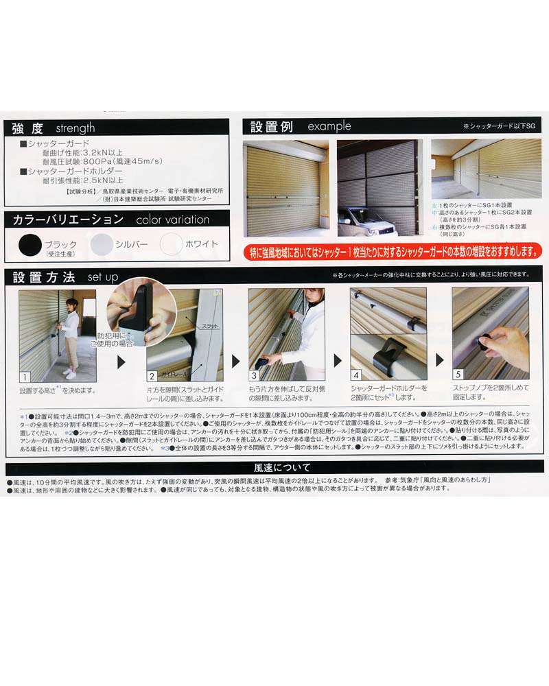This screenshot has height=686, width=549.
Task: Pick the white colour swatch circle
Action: [172, 244]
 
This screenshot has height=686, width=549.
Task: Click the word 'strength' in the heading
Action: [75, 128]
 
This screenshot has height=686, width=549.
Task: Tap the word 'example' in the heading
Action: [329, 126]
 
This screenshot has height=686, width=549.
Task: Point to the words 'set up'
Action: [103, 277]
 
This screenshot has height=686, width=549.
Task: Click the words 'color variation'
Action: [173, 220]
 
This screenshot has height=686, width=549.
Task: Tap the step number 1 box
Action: [25, 377]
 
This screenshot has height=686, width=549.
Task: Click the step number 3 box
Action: [255, 377]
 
